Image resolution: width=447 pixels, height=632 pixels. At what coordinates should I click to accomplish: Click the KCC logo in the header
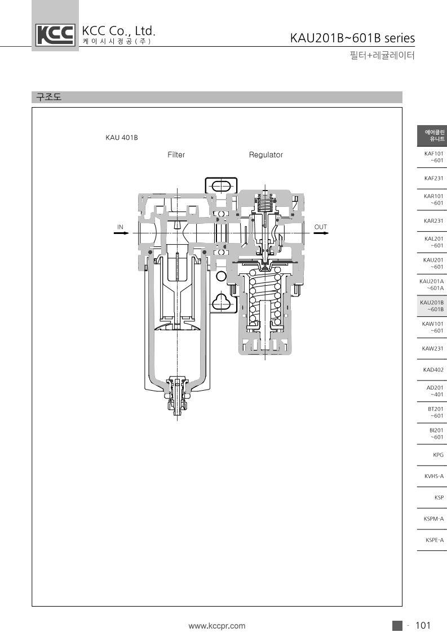(x=55, y=34)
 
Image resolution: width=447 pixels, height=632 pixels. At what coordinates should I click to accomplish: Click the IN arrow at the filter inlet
(x=121, y=233)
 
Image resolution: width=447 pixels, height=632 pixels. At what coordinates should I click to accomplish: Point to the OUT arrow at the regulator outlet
(x=321, y=233)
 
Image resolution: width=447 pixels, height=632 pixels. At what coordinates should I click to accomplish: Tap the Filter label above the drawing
(x=176, y=155)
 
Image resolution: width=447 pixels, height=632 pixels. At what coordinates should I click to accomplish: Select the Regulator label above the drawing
(x=265, y=155)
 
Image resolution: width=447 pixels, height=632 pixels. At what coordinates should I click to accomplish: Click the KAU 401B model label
(x=122, y=138)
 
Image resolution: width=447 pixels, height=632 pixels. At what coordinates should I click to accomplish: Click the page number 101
(x=423, y=625)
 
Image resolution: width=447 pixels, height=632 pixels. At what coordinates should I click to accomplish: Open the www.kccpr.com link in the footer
(x=217, y=626)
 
